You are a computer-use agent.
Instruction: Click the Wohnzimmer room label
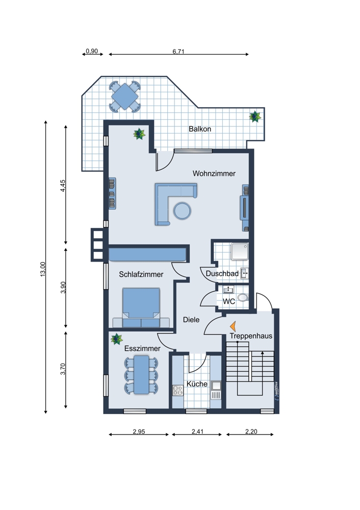(x=214, y=173)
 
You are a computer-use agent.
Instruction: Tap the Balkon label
(x=200, y=129)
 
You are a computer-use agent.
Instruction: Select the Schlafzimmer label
(x=141, y=274)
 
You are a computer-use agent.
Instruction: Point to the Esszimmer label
(x=142, y=348)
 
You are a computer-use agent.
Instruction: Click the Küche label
(x=197, y=384)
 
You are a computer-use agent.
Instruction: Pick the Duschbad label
(x=222, y=273)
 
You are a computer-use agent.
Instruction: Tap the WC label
(x=229, y=301)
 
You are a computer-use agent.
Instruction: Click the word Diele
(x=191, y=320)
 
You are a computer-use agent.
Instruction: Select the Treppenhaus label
(x=251, y=336)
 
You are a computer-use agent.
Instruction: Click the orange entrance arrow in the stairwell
(x=233, y=326)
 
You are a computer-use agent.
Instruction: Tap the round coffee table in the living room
(x=182, y=211)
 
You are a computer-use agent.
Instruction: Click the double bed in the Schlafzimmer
(x=141, y=308)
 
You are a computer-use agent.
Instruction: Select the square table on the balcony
(x=125, y=96)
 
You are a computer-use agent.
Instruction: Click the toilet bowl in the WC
(x=243, y=297)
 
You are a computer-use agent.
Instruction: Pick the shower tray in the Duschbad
(x=240, y=252)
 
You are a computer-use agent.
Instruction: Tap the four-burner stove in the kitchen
(x=178, y=390)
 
